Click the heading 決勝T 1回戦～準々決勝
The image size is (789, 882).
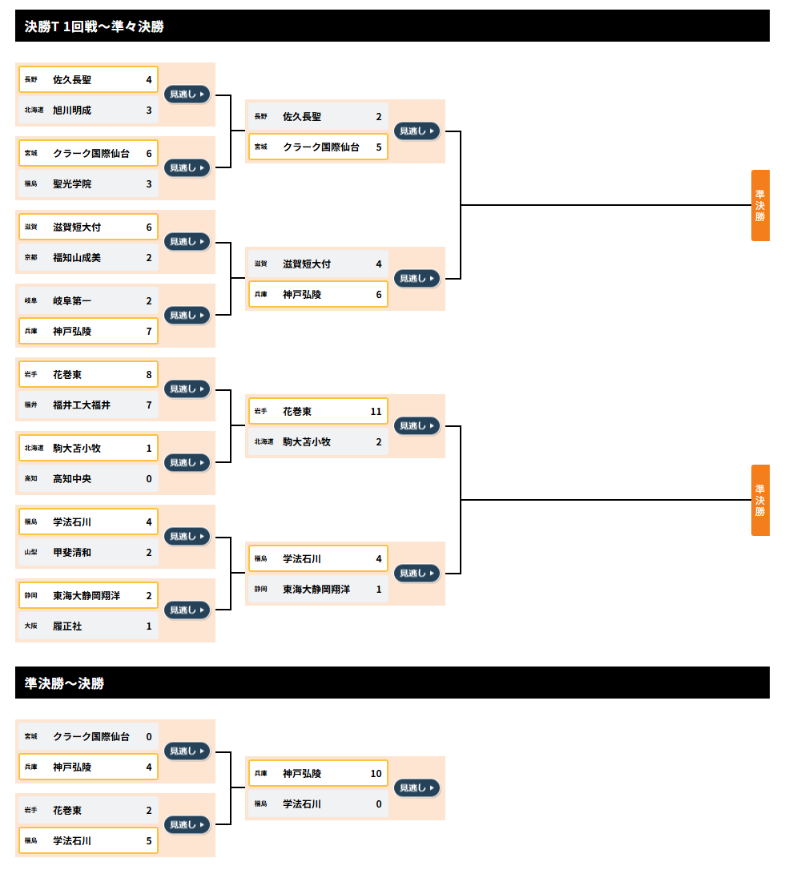click(x=94, y=26)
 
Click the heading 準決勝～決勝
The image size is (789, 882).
click(x=64, y=683)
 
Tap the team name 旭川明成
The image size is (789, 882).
click(x=72, y=111)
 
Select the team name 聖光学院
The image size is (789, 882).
click(x=72, y=184)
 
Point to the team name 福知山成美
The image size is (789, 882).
click(x=77, y=258)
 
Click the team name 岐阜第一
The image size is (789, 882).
click(x=72, y=301)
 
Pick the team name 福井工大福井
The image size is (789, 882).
click(x=82, y=405)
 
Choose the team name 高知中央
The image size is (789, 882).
click(x=72, y=479)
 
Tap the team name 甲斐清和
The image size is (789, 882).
click(x=72, y=553)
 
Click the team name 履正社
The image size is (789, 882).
click(x=67, y=626)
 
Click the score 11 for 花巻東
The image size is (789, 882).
click(x=376, y=412)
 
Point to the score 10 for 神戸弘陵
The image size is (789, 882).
click(x=376, y=774)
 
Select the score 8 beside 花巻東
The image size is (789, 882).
click(x=149, y=375)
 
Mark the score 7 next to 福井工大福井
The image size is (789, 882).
click(x=149, y=405)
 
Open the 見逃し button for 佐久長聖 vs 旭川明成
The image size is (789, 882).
click(x=187, y=94)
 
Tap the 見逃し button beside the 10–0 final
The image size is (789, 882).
click(x=417, y=788)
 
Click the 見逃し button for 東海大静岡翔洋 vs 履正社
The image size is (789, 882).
click(x=187, y=610)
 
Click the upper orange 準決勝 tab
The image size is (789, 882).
click(x=760, y=205)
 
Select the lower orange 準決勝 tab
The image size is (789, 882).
click(x=760, y=500)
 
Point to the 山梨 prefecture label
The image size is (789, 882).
click(x=31, y=553)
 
